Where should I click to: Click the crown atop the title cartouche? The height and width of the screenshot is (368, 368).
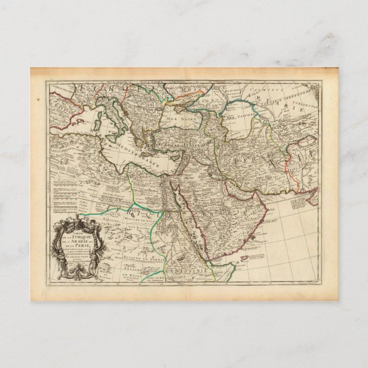77,221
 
